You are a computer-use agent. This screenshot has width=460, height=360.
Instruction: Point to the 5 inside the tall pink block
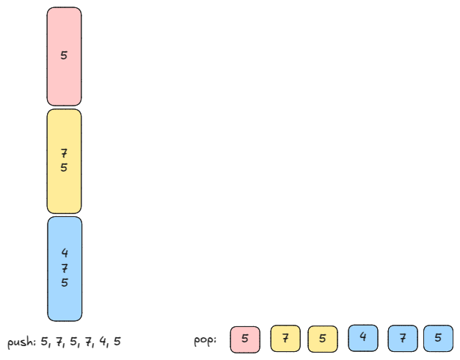(64, 55)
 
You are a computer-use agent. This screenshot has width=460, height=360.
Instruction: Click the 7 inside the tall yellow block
(64, 153)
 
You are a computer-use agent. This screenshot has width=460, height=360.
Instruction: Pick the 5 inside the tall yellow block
(64, 167)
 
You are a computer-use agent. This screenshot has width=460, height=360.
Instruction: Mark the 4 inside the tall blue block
(65, 254)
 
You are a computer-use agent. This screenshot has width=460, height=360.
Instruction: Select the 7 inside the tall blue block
(65, 268)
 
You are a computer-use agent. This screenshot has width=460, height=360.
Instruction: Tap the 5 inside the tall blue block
(65, 282)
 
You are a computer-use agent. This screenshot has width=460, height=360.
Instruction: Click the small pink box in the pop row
(245, 339)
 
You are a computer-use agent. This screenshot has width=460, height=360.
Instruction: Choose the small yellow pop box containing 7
(285, 339)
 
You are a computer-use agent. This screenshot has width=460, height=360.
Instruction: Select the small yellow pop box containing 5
(322, 339)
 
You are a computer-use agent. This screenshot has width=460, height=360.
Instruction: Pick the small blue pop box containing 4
(363, 338)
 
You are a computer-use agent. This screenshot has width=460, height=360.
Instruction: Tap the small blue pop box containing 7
(402, 339)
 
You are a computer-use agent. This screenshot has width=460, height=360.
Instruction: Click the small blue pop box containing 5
(438, 339)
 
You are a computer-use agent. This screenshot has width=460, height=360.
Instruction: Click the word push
(21, 342)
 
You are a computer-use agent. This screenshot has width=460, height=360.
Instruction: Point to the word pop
(205, 341)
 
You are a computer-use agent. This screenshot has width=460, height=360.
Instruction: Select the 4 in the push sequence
(103, 342)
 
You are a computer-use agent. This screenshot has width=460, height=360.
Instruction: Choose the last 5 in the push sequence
(117, 342)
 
